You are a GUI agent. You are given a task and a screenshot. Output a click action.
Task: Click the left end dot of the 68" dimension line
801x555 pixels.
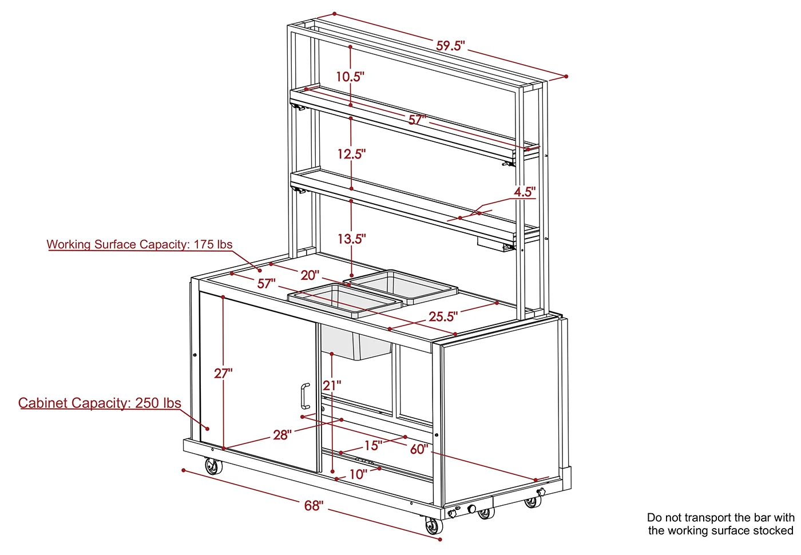[x=184, y=470]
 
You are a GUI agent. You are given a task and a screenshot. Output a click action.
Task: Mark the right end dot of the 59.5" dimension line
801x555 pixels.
[x=566, y=77]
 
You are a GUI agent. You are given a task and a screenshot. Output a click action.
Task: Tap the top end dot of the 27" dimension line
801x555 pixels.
[x=223, y=297]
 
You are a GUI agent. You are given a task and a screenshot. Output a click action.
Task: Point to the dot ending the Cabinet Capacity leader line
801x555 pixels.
[x=207, y=429]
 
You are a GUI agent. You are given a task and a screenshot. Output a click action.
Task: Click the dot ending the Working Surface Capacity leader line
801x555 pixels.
[x=260, y=271]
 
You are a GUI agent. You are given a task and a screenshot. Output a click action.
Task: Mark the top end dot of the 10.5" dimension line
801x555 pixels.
[x=350, y=47]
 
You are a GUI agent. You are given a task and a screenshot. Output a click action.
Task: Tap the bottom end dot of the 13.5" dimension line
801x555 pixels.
[x=352, y=275]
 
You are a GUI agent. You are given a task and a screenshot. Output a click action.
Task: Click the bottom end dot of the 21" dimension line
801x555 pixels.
[x=332, y=471]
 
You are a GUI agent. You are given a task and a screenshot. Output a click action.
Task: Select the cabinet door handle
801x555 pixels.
[x=305, y=396]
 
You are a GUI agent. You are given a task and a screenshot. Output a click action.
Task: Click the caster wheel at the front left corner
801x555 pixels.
[x=213, y=466]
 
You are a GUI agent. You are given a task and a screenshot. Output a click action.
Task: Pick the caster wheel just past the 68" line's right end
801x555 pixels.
[x=434, y=526]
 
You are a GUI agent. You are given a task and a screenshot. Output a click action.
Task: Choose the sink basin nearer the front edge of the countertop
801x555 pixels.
[x=345, y=300]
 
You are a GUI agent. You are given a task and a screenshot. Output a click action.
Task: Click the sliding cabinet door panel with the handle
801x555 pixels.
[x=258, y=382]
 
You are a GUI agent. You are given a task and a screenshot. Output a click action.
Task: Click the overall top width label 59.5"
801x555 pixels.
[x=450, y=46]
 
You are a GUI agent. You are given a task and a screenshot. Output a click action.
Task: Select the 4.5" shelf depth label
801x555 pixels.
[x=525, y=192]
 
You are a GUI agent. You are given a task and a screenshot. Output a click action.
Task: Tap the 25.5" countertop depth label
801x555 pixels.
[x=443, y=316]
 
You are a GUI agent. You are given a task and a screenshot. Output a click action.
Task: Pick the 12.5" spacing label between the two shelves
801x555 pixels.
[x=352, y=154]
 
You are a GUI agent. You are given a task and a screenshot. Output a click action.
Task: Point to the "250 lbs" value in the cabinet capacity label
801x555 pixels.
[x=158, y=403]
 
